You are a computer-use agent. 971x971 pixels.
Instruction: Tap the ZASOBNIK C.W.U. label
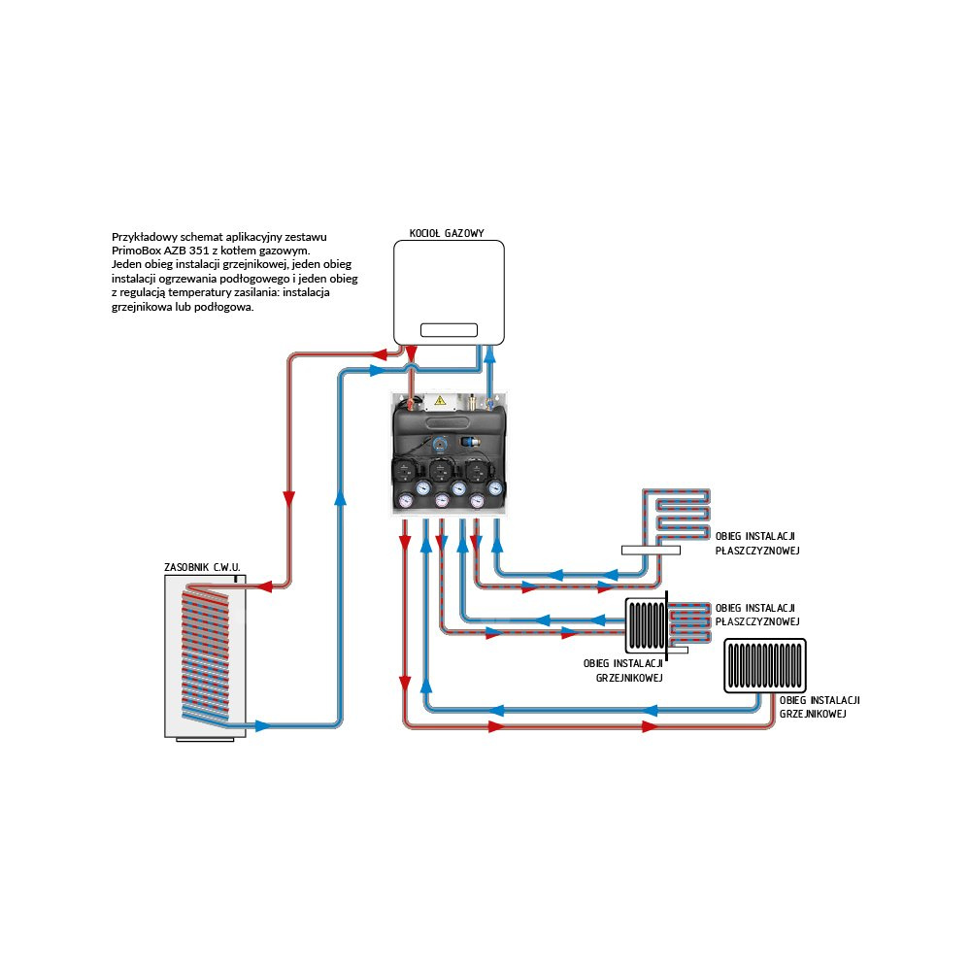pos(203,566)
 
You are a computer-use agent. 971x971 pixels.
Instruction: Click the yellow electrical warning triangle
pos(440,400)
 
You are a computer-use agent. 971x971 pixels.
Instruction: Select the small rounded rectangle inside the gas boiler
pos(448,329)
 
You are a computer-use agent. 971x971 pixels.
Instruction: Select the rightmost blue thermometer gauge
pos(495,488)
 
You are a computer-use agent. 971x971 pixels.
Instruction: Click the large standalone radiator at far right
pos(765,665)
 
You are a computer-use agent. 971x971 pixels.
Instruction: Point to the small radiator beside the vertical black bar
pos(645,625)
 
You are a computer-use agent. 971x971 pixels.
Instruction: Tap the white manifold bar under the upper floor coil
pos(652,550)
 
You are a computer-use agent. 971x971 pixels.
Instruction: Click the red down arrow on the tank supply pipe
pos(288,498)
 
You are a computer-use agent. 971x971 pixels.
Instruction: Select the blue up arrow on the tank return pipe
pos(339,498)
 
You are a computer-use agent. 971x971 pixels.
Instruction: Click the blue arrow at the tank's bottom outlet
pos(262,724)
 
